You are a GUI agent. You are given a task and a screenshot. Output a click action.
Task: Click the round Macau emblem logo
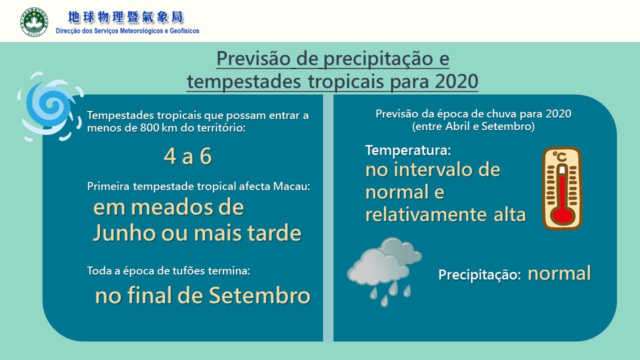click(x=34, y=22)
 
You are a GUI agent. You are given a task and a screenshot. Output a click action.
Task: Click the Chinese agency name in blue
click(x=125, y=17)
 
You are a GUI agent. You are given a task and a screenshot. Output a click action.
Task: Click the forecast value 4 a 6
click(x=187, y=156)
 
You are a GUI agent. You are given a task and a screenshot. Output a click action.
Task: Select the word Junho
click(x=124, y=233)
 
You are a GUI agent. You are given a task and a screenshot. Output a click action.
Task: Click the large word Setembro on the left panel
click(x=259, y=295)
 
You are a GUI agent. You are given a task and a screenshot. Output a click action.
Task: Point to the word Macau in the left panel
click(x=291, y=186)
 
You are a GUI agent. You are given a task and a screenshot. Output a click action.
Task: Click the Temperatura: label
click(x=408, y=150)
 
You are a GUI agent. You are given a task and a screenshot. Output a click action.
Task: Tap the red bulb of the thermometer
click(x=562, y=216)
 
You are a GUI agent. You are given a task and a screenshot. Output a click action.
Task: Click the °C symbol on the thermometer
click(x=559, y=157)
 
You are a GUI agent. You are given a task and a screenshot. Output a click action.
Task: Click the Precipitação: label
click(x=479, y=275)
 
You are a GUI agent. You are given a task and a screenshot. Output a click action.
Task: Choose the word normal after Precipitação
click(x=559, y=273)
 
